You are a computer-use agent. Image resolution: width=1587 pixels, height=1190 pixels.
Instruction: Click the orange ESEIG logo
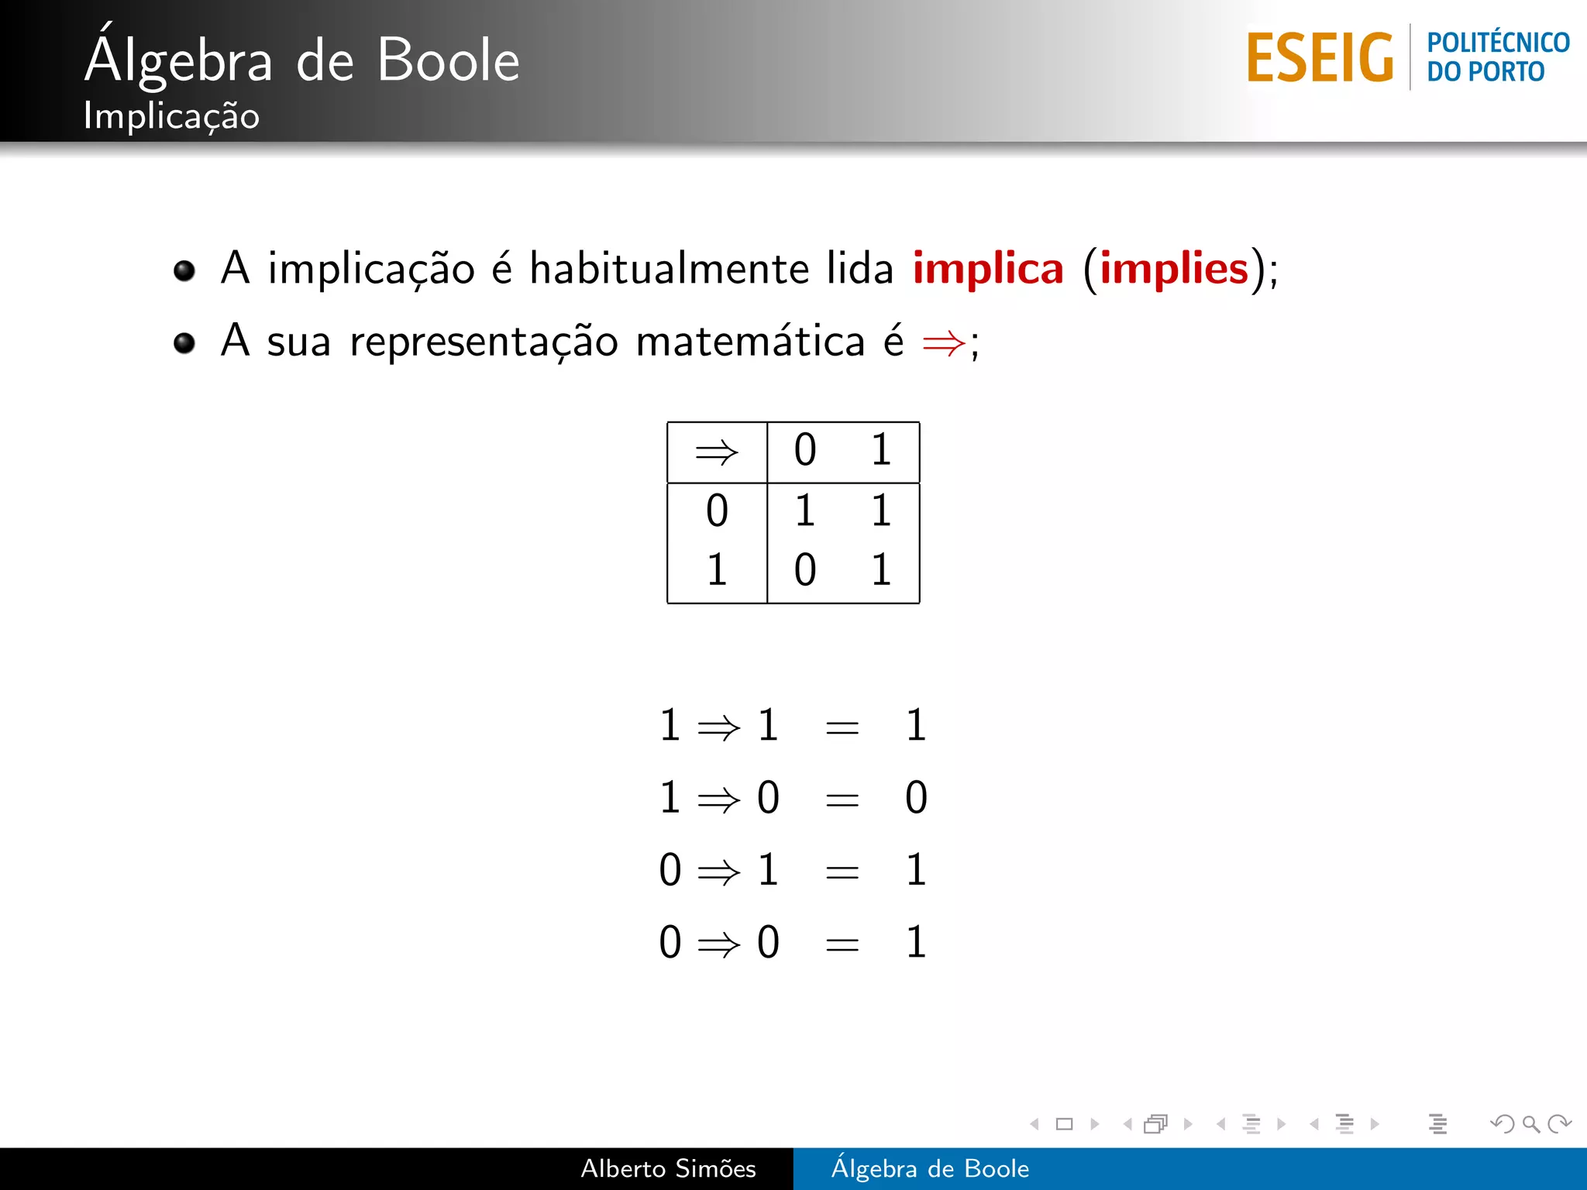[x=1320, y=57]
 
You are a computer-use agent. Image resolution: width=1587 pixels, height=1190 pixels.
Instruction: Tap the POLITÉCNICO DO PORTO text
[x=1497, y=57]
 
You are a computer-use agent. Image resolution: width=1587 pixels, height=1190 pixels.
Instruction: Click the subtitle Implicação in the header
[x=171, y=116]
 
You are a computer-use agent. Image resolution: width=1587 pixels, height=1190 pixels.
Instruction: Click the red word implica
[x=988, y=269]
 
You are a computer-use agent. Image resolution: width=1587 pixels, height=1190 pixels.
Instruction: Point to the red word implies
[x=1174, y=269]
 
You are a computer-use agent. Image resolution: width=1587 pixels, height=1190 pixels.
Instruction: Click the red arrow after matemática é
[x=944, y=342]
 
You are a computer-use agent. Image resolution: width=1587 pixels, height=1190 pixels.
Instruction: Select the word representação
[x=484, y=342]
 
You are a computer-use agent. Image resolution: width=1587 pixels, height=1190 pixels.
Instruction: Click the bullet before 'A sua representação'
[x=184, y=342]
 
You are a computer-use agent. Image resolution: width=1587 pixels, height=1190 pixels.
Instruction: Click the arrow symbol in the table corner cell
[x=717, y=452]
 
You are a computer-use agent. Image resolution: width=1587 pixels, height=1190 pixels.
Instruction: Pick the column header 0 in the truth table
[x=805, y=450]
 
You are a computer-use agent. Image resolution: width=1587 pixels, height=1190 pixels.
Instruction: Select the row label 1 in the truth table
[x=717, y=570]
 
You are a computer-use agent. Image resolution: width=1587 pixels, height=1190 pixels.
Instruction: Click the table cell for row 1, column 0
[x=805, y=570]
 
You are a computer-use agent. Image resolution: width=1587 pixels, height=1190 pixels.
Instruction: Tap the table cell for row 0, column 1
[x=881, y=511]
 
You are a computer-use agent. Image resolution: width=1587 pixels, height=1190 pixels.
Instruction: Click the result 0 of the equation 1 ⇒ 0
[x=916, y=798]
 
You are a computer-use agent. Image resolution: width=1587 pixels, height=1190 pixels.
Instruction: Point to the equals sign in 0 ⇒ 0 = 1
[x=842, y=944]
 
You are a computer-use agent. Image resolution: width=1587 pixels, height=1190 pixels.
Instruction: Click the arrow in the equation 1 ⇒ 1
[x=719, y=727]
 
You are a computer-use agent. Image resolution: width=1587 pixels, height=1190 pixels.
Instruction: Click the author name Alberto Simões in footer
[x=668, y=1168]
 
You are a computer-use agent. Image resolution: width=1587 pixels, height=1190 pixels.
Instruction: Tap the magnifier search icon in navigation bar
[x=1530, y=1124]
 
